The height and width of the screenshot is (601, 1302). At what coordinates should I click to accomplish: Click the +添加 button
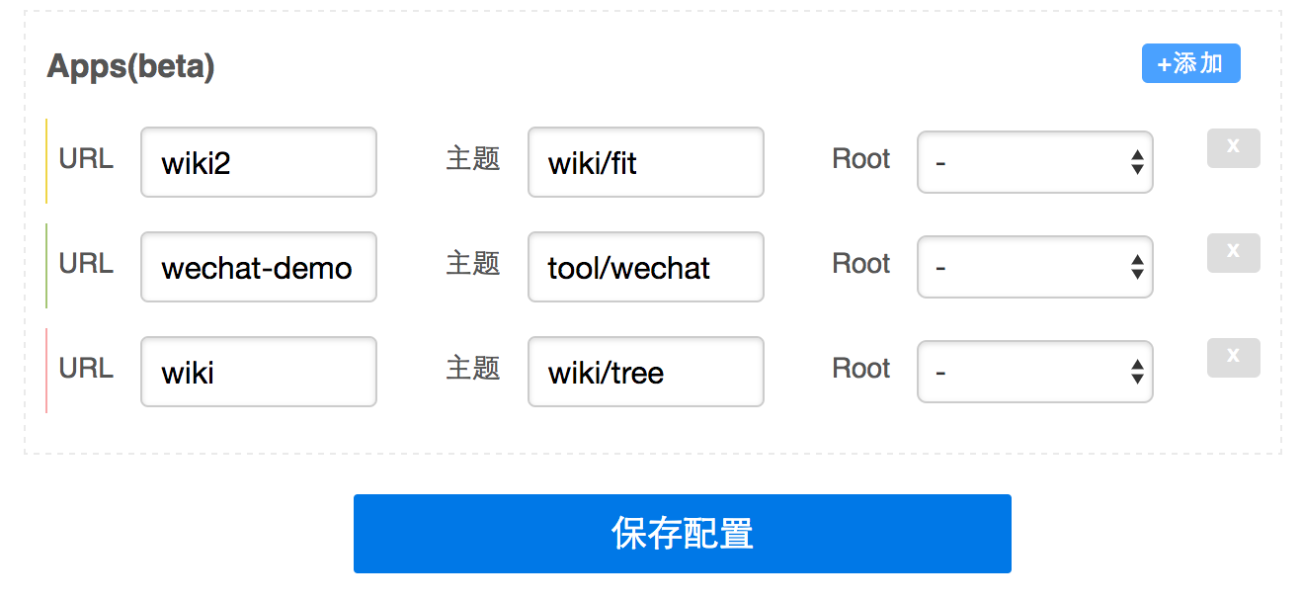(1190, 63)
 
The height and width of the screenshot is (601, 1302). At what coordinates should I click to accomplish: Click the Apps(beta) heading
(130, 67)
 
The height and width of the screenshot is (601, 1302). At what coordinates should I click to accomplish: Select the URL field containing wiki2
(259, 162)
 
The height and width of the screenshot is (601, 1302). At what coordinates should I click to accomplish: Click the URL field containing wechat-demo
(259, 267)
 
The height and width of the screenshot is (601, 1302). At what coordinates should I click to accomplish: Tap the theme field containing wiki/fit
(646, 162)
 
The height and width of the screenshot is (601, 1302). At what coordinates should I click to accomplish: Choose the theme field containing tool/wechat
(646, 267)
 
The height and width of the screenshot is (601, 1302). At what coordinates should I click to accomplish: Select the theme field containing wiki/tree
(646, 372)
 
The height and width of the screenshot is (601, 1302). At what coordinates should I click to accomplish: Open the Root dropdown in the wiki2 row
(1035, 162)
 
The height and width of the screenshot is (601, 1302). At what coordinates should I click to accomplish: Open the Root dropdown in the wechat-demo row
(1035, 267)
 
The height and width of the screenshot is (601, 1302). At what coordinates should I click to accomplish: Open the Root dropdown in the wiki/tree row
(1035, 372)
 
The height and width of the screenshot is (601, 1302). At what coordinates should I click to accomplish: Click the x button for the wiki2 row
(1234, 148)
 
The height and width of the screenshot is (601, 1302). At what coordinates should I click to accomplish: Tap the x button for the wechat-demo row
(1234, 253)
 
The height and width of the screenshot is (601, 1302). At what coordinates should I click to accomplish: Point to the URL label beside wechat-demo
(86, 264)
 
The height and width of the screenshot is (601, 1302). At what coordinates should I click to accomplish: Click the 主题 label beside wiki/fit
(473, 159)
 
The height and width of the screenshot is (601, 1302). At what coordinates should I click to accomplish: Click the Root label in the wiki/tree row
(860, 369)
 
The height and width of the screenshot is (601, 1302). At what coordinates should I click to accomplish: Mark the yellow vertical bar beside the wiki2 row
(46, 161)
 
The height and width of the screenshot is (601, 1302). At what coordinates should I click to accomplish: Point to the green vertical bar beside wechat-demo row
(46, 266)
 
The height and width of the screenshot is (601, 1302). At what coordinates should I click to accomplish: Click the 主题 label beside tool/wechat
(473, 264)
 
